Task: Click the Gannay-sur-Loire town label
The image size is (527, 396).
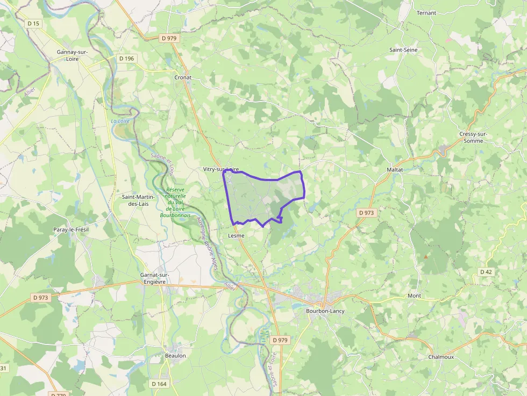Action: point(72,55)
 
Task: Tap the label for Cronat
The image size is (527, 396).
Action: point(183,77)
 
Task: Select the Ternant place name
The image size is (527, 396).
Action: point(426,12)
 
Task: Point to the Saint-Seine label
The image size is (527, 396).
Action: point(403,50)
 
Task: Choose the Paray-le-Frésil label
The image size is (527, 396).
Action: point(70,229)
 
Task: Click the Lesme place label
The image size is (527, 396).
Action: point(236,236)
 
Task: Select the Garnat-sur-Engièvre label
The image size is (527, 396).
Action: point(154,278)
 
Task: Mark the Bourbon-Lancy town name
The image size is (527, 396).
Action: point(325,311)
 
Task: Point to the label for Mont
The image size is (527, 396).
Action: point(414,296)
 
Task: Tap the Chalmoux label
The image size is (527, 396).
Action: point(441,357)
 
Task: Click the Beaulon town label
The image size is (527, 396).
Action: point(175,356)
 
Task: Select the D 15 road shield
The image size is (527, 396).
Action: point(33,23)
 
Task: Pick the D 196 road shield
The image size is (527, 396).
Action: point(126,58)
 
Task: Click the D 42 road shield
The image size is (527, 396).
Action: point(486,272)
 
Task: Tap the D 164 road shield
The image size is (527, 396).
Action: point(159,384)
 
